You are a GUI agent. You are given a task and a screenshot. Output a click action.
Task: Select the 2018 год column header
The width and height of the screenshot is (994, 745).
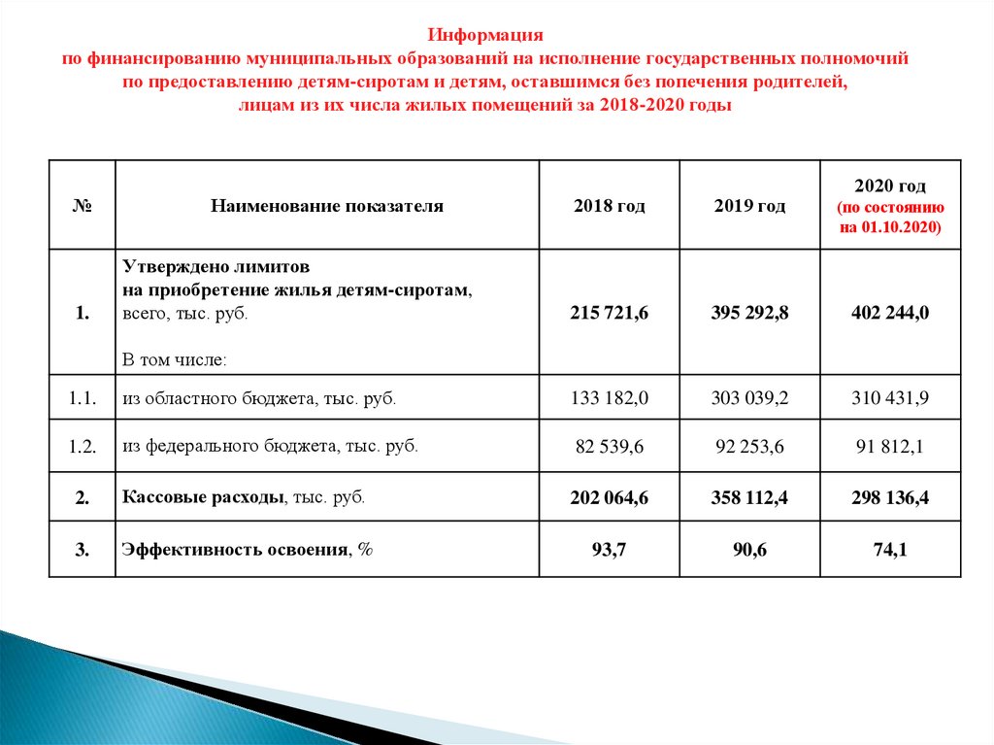click(609, 206)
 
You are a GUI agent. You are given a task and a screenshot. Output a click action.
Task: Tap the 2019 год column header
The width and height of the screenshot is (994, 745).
click(749, 206)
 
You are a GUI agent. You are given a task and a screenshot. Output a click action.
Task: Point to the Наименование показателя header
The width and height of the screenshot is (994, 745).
click(327, 206)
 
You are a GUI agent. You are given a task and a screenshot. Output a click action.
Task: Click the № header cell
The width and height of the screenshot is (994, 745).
click(83, 206)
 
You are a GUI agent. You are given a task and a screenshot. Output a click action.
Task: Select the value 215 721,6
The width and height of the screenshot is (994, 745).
click(609, 313)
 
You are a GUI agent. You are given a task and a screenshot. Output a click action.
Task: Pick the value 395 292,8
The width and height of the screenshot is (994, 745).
click(749, 313)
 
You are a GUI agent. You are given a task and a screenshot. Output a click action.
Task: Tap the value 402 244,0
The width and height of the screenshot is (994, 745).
click(890, 313)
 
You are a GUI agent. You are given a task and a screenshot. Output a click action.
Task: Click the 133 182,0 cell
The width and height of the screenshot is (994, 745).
click(609, 398)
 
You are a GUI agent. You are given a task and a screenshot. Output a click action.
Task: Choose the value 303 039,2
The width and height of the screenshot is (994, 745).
click(749, 398)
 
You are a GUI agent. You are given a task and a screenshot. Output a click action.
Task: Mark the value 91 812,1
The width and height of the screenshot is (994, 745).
click(890, 447)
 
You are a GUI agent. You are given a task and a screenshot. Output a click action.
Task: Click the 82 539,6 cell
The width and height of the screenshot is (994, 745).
click(609, 447)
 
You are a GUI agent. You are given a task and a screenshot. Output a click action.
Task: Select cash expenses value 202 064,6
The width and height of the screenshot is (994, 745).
click(609, 498)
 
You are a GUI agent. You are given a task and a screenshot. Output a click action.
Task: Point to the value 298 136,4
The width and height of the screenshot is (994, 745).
click(890, 498)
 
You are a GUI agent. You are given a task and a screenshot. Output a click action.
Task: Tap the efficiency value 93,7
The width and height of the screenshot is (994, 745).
click(609, 550)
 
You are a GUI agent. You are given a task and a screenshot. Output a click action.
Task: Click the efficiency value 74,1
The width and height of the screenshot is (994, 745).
click(890, 550)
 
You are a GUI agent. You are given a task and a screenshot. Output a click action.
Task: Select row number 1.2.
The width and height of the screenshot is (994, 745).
click(83, 447)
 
